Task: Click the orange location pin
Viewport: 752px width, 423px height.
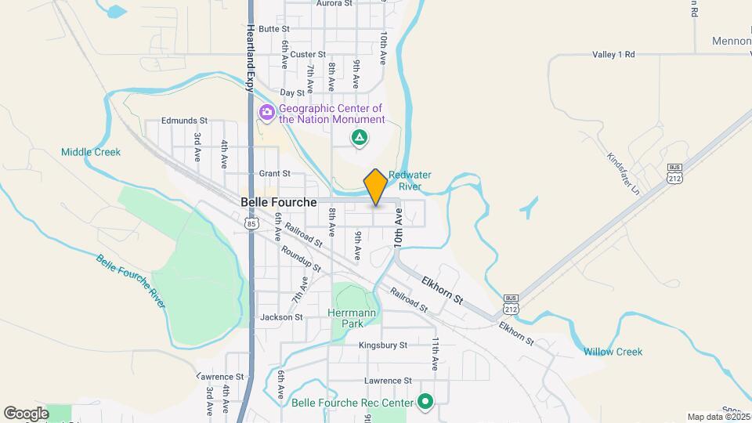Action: [x=376, y=187]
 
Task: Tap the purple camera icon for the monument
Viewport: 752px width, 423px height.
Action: [x=267, y=113]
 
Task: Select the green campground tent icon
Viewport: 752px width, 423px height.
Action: [x=359, y=139]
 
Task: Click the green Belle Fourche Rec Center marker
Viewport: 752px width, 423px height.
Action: [x=426, y=403]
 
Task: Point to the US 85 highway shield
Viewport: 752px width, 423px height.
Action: [x=251, y=223]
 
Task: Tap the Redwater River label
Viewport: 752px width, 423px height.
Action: [x=410, y=181]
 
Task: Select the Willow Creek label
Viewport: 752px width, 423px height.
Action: [x=613, y=352]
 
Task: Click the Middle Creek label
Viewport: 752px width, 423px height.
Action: [x=91, y=152]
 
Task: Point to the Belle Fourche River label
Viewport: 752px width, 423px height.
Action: [x=132, y=281]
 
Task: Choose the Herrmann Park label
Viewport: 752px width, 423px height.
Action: [x=352, y=318]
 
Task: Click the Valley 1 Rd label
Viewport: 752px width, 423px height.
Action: [x=613, y=55]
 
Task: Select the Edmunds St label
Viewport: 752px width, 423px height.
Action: [x=184, y=121]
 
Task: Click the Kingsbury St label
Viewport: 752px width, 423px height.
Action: [x=383, y=345]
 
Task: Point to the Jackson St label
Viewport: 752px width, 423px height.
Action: [x=281, y=317]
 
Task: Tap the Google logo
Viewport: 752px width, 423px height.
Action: [x=26, y=413]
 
